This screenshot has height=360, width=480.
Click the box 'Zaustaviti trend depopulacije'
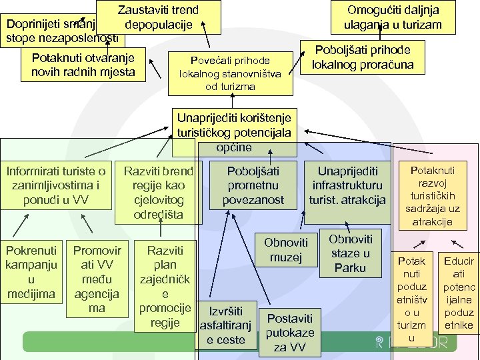tap(159, 17)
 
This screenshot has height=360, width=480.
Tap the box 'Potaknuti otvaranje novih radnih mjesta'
tap(83, 64)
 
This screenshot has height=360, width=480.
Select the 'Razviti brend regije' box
tap(159, 192)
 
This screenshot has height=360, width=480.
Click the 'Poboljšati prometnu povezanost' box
tap(253, 185)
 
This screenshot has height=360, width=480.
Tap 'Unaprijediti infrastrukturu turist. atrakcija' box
tap(347, 185)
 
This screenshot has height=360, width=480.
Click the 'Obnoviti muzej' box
tap(286, 250)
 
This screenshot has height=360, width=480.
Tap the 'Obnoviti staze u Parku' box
tap(350, 253)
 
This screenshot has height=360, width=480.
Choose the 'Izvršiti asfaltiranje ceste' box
tap(226, 325)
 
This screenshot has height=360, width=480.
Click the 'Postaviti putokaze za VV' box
tap(289, 332)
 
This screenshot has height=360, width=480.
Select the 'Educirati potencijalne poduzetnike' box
tap(459, 293)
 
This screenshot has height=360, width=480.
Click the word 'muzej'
tap(286, 257)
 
